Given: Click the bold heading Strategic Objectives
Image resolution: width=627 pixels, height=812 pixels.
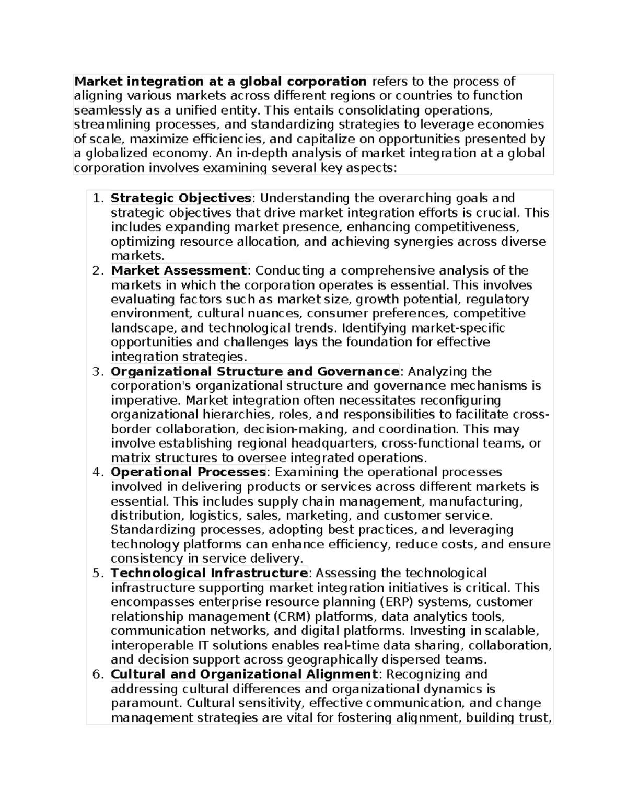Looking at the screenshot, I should (x=181, y=198).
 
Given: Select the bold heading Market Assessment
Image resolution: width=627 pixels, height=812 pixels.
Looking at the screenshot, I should (x=178, y=270).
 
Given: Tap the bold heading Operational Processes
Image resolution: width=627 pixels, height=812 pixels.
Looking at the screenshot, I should (x=189, y=472).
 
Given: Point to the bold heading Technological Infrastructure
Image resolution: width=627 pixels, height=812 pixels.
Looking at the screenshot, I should (x=209, y=573).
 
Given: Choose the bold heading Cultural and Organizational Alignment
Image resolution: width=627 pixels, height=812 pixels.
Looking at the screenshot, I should (x=244, y=674).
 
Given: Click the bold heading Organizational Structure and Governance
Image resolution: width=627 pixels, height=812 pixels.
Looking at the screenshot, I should (x=255, y=371).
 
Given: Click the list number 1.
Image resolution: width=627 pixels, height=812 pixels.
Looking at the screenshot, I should (x=98, y=199).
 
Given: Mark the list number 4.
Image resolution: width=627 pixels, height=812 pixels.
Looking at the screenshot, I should (x=98, y=473).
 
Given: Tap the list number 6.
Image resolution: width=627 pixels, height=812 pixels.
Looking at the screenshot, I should (x=98, y=674).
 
